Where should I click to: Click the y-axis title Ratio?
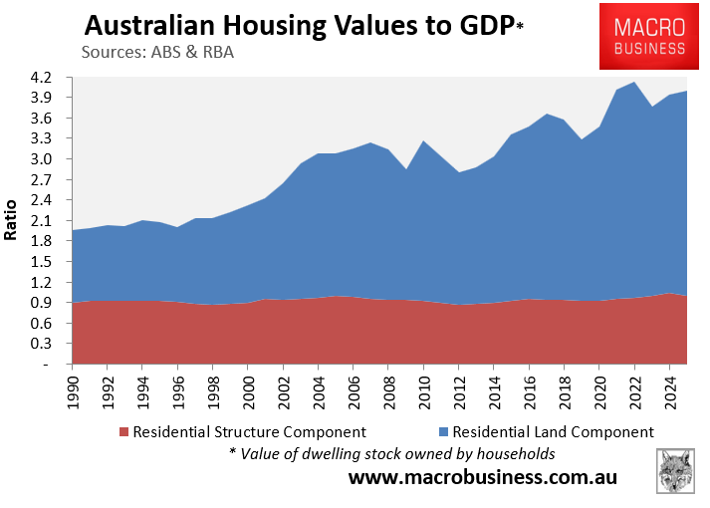13,221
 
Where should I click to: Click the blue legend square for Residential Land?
443,432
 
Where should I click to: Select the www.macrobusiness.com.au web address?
482,477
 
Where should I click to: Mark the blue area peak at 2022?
634,83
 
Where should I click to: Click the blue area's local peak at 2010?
423,141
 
